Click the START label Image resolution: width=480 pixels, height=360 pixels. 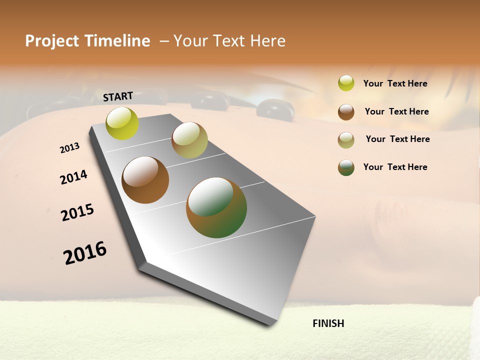tap(118, 96)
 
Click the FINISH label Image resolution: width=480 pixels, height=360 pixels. tap(328, 323)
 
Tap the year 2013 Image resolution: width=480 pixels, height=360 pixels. tap(69, 148)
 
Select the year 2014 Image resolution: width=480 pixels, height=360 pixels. tap(73, 177)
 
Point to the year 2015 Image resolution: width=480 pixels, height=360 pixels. tap(77, 212)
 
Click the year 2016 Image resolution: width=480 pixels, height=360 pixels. tap(85, 252)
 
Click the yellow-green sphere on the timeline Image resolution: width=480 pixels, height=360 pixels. tap(122, 123)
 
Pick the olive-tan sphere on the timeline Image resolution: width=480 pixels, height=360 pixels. tap(189, 140)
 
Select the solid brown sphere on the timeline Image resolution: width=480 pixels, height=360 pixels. tap(145, 180)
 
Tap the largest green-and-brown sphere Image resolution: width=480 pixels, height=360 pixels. tap(216, 207)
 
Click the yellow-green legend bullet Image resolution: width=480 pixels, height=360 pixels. tap(346, 83)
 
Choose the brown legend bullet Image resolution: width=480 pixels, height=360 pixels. tap(346, 112)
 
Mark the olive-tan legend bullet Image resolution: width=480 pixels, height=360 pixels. tap(346, 140)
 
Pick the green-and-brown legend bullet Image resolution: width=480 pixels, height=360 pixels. tap(346, 167)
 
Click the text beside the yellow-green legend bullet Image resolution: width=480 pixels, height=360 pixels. tap(395, 84)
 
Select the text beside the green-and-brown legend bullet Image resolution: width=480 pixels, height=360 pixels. tap(395, 167)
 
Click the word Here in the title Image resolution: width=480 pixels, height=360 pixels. tap(268, 41)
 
